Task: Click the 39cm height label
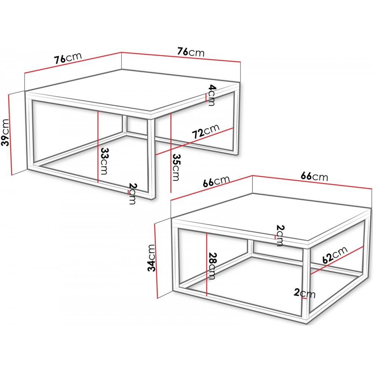5,132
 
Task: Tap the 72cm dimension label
206,131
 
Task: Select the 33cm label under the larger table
104,161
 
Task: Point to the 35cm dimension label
176,167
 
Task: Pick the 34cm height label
151,258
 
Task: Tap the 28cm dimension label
211,266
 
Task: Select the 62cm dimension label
335,255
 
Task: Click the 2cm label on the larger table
132,194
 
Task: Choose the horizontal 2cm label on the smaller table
304,293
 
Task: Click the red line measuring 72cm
194,141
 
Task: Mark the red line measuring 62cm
337,260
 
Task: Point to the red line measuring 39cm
10,135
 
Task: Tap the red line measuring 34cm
156,261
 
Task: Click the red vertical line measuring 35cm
171,153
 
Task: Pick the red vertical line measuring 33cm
98,147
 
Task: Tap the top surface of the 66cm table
271,216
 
